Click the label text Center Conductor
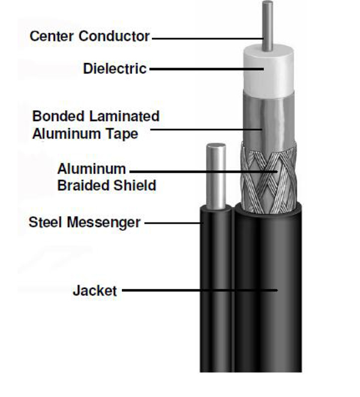89,37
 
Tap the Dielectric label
115,69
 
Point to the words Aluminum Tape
85,134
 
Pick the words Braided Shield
106,185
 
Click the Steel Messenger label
84,223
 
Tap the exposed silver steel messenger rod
216,174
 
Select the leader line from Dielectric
204,69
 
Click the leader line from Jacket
198,291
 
